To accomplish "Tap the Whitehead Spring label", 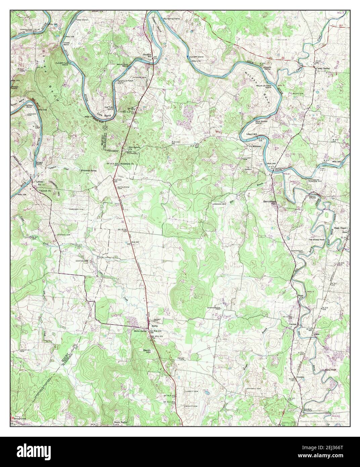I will click(x=88, y=171).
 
